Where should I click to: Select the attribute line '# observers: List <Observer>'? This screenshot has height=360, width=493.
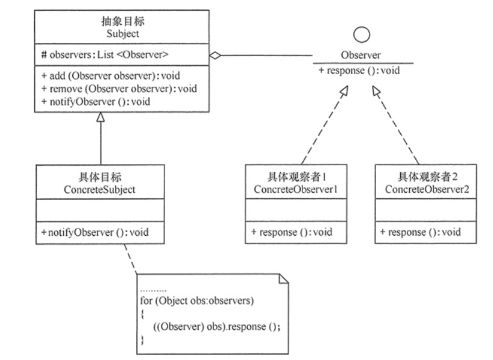[104, 55]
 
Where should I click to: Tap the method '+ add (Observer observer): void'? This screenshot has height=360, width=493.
[110, 76]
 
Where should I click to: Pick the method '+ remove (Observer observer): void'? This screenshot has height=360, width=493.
[119, 89]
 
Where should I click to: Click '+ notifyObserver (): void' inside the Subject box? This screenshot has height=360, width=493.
[95, 101]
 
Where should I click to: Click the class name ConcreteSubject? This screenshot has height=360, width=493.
[99, 190]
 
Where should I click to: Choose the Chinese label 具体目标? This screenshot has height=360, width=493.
[99, 178]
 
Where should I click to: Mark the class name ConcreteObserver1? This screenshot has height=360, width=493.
[291, 190]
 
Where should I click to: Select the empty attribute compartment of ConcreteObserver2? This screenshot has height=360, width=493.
[425, 210]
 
